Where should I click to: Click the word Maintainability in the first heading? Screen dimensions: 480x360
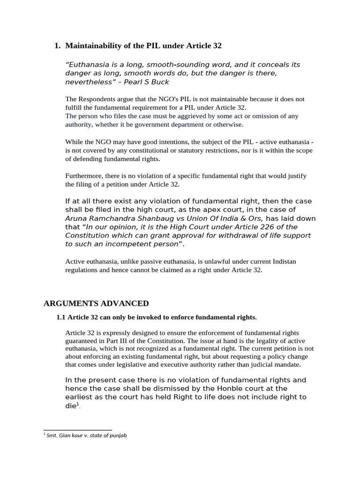(x=92, y=46)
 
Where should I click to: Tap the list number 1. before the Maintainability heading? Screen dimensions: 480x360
(x=58, y=46)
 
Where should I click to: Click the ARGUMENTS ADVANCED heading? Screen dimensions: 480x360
(x=96, y=303)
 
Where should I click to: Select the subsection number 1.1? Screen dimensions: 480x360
(x=61, y=317)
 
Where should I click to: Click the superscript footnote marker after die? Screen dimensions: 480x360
(x=78, y=404)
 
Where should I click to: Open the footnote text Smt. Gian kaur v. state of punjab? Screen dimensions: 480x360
(x=87, y=435)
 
